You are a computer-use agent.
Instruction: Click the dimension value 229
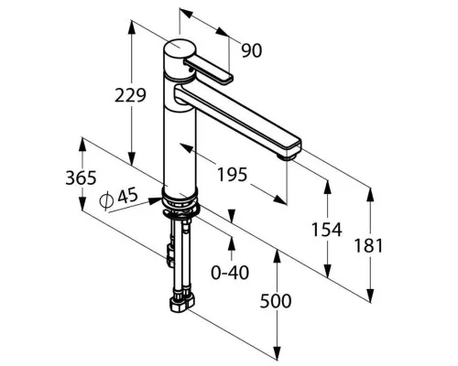(130, 95)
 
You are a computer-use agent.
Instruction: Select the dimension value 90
(252, 50)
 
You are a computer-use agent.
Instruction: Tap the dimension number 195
(232, 175)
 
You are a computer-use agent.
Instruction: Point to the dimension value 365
(81, 178)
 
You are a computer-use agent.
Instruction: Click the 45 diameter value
(127, 196)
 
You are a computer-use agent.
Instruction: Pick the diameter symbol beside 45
(106, 200)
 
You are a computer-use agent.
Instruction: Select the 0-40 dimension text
(230, 273)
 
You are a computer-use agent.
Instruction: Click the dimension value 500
(276, 301)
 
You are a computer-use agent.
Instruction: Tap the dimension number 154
(327, 230)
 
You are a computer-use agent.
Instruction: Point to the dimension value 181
(368, 246)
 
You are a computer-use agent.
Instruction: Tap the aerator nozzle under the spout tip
(288, 156)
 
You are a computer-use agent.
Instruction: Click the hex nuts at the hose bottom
(182, 304)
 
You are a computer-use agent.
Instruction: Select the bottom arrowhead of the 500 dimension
(277, 353)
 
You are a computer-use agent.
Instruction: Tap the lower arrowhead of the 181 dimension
(370, 295)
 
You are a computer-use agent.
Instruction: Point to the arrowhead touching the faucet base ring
(155, 200)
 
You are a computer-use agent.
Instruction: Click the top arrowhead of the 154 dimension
(327, 188)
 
